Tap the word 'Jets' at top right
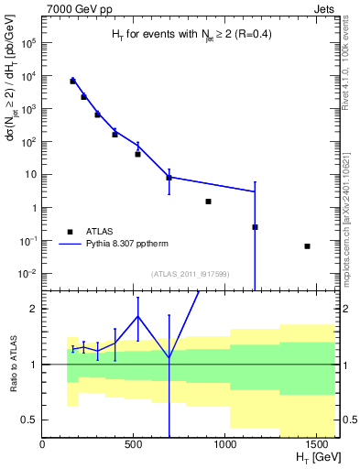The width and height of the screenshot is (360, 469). (x=325, y=10)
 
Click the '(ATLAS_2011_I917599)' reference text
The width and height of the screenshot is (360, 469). (x=189, y=273)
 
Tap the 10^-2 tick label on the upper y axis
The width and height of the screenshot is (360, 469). (x=27, y=274)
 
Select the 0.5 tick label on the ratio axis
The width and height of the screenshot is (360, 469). (x=27, y=420)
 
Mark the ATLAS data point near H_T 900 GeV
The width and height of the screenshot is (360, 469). (x=209, y=202)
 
